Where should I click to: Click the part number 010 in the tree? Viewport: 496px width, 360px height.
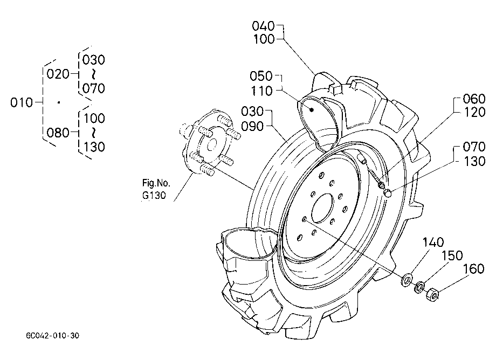pyautogui.click(x=22, y=102)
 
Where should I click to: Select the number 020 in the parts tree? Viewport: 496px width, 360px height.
pyautogui.click(x=58, y=74)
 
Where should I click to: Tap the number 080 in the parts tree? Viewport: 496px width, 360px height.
pyautogui.click(x=58, y=133)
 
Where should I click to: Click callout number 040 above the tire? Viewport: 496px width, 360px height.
pyautogui.click(x=263, y=26)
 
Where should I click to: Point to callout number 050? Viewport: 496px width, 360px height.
pyautogui.click(x=261, y=76)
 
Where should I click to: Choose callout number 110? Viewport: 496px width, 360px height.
pyautogui.click(x=261, y=91)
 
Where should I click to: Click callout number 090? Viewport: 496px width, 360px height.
pyautogui.click(x=252, y=127)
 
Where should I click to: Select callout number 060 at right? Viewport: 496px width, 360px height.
pyautogui.click(x=474, y=99)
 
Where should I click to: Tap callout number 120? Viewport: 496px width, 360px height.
pyautogui.click(x=474, y=112)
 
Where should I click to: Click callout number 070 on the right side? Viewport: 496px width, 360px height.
pyautogui.click(x=474, y=147)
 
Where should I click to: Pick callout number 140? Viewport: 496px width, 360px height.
pyautogui.click(x=433, y=243)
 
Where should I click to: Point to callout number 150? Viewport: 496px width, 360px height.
pyautogui.click(x=452, y=255)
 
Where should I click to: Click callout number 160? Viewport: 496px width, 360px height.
pyautogui.click(x=473, y=269)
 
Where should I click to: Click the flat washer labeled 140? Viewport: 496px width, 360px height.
pyautogui.click(x=407, y=280)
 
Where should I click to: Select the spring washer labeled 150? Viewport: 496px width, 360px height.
pyautogui.click(x=419, y=287)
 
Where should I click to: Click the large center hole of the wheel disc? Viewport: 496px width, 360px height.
pyautogui.click(x=322, y=208)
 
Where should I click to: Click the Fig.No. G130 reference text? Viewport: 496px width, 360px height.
pyautogui.click(x=156, y=189)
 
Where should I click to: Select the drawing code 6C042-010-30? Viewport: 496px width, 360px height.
pyautogui.click(x=52, y=335)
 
